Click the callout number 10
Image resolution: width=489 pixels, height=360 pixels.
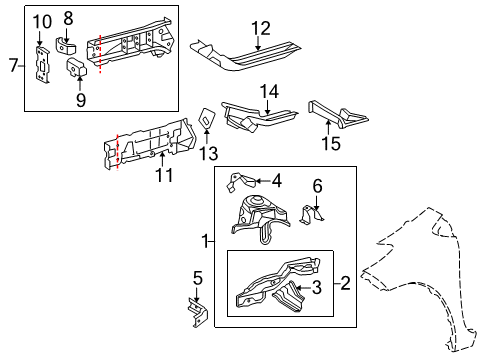coord(42,21)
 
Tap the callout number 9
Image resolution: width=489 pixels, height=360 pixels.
coord(81,99)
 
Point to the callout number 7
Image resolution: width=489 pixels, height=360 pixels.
coord(13,66)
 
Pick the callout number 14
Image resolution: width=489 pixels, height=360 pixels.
coord(269,91)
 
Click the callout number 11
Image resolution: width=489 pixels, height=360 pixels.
coord(163,176)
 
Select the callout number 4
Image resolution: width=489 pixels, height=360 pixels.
coord(276,181)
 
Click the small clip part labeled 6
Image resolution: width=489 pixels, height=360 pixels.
coord(312,216)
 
